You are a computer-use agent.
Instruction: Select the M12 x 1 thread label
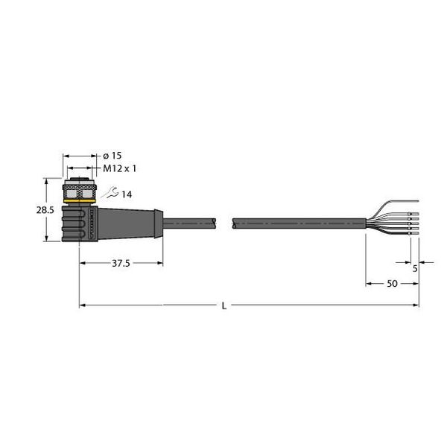point(118,169)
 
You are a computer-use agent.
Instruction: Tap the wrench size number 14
point(126,195)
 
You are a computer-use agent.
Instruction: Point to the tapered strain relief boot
point(130,221)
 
